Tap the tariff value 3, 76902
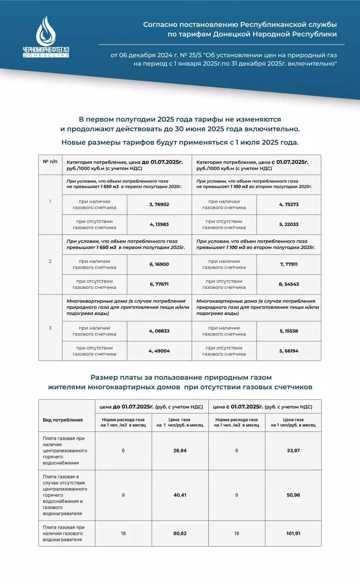[159, 204]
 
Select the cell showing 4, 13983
[159, 224]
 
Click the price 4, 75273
[289, 204]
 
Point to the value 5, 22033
[289, 224]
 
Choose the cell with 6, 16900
[159, 264]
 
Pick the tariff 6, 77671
[159, 284]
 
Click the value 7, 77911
[289, 264]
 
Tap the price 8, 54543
[289, 284]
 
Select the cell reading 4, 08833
[159, 331]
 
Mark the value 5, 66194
[289, 351]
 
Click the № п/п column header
[50, 162]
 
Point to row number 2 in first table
[50, 261]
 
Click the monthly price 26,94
[180, 451]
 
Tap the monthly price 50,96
[293, 495]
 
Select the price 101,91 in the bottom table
[293, 533]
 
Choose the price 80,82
[180, 533]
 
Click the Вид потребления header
[63, 420]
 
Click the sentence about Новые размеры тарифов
[180, 142]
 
